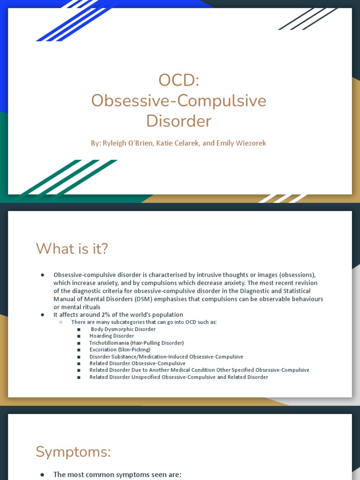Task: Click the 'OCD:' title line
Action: (x=179, y=80)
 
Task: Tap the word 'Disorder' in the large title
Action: (x=179, y=121)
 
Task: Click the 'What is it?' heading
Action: (x=72, y=249)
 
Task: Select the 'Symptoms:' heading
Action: (x=73, y=452)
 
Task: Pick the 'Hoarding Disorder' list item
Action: (x=112, y=336)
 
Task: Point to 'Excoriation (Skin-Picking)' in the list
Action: (x=120, y=350)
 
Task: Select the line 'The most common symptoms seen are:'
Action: (x=117, y=474)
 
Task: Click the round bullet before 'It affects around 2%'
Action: (x=43, y=315)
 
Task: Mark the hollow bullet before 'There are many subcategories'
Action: (x=61, y=322)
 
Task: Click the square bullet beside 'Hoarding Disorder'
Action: (x=79, y=336)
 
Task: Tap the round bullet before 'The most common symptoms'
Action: (x=43, y=474)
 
